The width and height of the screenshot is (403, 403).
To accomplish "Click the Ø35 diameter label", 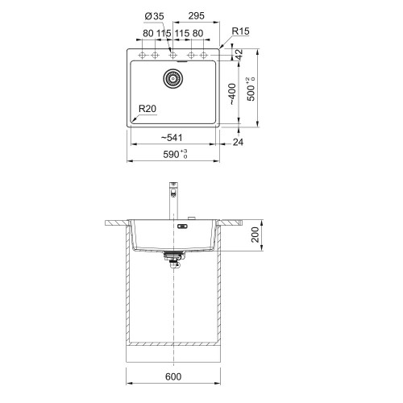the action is click(x=154, y=16).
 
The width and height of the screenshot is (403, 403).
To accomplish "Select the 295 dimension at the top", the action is click(x=196, y=16).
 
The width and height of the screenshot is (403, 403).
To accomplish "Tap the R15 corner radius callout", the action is click(x=240, y=31).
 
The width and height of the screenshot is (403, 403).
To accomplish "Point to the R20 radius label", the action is click(x=147, y=109).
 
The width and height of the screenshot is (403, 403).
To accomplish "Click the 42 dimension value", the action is click(x=239, y=55).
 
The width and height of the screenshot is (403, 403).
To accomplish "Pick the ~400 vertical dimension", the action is click(x=232, y=94).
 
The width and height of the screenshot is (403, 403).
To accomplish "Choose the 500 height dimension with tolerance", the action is click(x=251, y=89).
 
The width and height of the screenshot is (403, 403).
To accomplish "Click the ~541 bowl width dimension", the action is click(x=172, y=138).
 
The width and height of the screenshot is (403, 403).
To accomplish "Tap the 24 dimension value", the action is click(x=238, y=142).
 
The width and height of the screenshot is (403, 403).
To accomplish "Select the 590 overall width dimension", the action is click(x=175, y=154).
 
